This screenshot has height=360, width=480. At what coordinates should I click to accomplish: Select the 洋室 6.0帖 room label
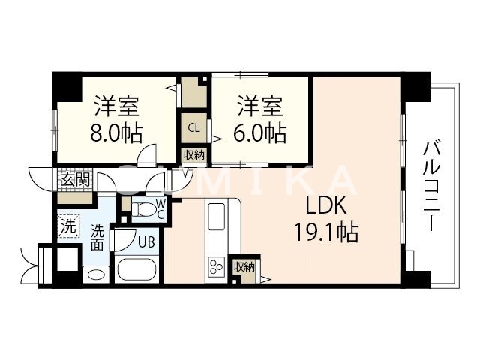[x=261, y=118]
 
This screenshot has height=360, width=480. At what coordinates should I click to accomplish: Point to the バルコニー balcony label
[x=430, y=184]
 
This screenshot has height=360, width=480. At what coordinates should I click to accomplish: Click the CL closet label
[x=193, y=127]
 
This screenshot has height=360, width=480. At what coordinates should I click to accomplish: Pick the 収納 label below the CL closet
[x=193, y=155]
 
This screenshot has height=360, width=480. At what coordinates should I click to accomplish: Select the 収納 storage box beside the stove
[x=242, y=267]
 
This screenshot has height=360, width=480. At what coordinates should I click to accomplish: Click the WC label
[x=160, y=209]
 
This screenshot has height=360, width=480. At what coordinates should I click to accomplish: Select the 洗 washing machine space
[x=68, y=225]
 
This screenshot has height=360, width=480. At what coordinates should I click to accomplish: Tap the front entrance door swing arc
[x=37, y=180]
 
